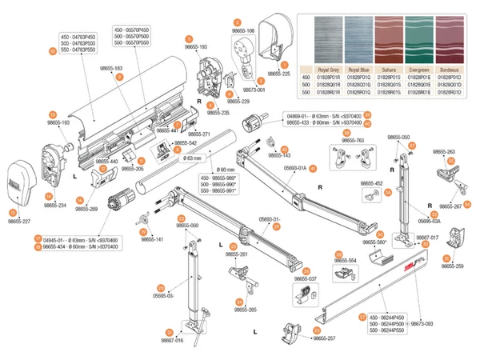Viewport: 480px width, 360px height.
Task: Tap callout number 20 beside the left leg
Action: pyautogui.click(x=161, y=287)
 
